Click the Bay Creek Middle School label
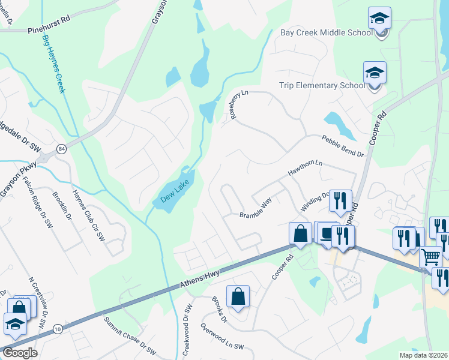pyautogui.click(x=326, y=32)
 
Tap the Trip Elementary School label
pyautogui.click(x=322, y=85)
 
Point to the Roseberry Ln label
pyautogui.click(x=238, y=105)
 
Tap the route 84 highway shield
pyautogui.click(x=62, y=148)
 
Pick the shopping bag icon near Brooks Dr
pyautogui.click(x=238, y=296)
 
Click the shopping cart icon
pyautogui.click(x=430, y=257)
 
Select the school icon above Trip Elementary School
pyautogui.click(x=375, y=73)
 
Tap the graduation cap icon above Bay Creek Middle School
pyautogui.click(x=379, y=18)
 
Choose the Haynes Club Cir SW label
pyautogui.click(x=89, y=215)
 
